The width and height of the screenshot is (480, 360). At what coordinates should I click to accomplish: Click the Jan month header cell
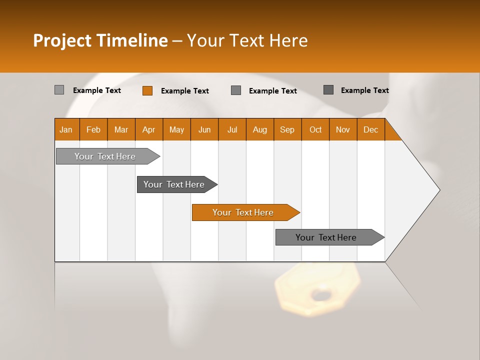[66, 129]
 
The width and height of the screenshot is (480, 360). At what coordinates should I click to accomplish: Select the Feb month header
[93, 129]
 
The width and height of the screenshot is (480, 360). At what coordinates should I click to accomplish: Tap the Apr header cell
[149, 129]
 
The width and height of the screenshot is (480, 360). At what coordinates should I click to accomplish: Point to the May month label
[176, 129]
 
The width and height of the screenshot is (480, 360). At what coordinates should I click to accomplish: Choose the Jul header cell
[232, 129]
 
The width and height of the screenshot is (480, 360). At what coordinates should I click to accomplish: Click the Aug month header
[260, 129]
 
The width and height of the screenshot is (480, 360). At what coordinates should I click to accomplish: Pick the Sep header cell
[287, 129]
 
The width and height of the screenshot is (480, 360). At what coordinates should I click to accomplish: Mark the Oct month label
[315, 129]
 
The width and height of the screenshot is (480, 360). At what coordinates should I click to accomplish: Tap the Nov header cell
[343, 129]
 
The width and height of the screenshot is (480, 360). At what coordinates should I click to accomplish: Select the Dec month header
[371, 129]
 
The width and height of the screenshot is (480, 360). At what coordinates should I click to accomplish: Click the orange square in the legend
[147, 90]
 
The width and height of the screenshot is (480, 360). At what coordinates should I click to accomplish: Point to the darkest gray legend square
[328, 90]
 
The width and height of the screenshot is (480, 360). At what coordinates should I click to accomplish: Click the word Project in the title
[62, 40]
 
